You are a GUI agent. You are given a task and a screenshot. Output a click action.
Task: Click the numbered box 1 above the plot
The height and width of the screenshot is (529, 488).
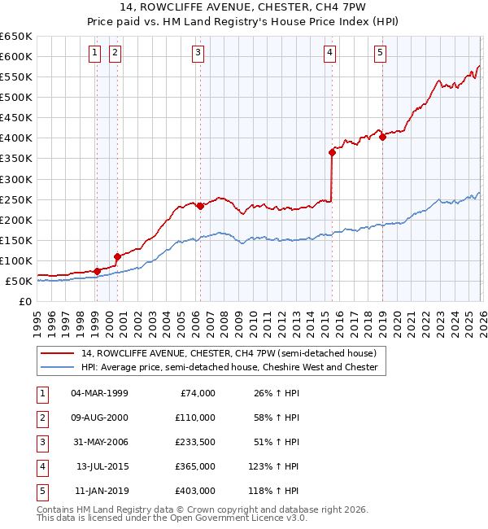[95, 54]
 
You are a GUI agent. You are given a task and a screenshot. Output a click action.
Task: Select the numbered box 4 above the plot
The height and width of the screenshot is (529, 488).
[329, 54]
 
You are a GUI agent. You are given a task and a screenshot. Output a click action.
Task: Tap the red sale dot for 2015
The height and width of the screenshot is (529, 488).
[332, 152]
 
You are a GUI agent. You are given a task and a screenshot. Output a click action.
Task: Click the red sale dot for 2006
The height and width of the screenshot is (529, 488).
[200, 206]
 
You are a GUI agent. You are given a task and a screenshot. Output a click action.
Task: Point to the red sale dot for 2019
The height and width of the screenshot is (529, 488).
[382, 137]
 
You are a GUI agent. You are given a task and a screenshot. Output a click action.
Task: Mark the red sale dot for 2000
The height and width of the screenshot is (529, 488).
[117, 256]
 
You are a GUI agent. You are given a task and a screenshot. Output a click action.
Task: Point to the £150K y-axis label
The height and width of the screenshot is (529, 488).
[15, 240]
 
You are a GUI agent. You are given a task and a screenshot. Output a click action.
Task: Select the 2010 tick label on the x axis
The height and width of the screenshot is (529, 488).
[259, 317]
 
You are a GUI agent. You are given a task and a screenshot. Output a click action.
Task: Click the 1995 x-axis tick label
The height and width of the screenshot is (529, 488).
[37, 317]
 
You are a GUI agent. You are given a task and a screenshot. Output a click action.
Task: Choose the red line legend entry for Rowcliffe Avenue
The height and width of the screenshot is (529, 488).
[229, 354]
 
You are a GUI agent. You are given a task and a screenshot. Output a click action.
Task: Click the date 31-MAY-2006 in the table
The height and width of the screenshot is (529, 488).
[99, 442]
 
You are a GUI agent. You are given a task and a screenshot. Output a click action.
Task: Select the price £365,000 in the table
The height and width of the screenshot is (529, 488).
[194, 466]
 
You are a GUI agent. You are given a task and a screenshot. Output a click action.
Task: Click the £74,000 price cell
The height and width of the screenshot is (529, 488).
[198, 393]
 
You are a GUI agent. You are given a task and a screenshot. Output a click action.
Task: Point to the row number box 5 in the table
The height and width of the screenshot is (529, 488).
[41, 491]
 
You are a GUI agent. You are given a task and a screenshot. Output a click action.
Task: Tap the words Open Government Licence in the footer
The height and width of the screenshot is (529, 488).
[233, 518]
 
